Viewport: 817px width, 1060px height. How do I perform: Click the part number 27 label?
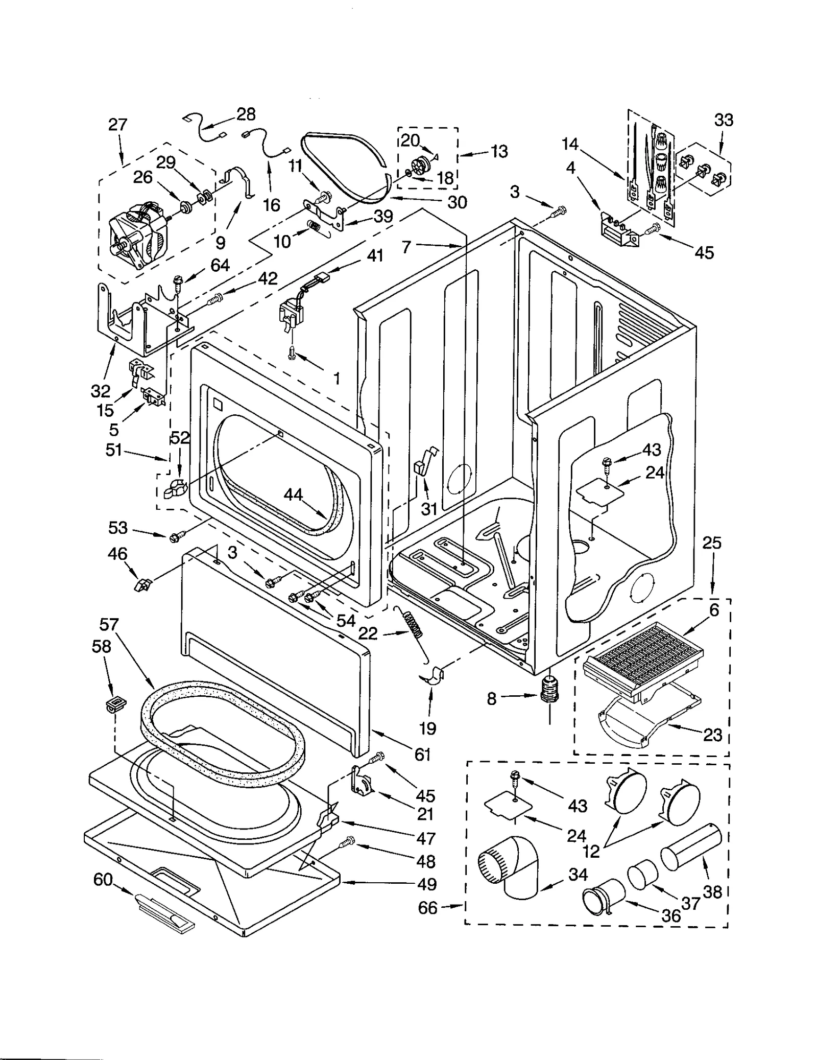click(117, 125)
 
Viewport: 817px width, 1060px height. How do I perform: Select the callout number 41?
click(375, 255)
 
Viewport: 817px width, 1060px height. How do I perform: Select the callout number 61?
click(423, 754)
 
